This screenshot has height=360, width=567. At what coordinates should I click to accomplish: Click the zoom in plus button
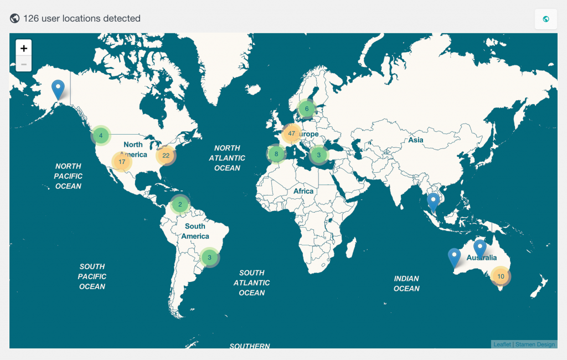(x=24, y=48)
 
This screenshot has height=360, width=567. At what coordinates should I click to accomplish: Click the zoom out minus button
(x=24, y=64)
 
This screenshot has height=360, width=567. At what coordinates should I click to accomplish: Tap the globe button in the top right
(x=545, y=19)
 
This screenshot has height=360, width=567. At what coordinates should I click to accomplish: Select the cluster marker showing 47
(x=291, y=134)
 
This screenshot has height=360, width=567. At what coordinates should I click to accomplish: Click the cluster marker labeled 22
(x=166, y=156)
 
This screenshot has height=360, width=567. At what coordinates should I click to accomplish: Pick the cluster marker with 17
(x=122, y=162)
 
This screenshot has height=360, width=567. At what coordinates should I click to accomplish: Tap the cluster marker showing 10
(x=501, y=276)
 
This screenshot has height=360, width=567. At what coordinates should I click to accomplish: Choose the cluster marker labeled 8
(x=276, y=154)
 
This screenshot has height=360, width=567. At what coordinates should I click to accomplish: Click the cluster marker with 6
(x=306, y=109)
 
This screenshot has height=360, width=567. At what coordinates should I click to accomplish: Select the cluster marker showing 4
(x=101, y=135)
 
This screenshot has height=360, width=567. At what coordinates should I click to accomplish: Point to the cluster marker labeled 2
(x=180, y=205)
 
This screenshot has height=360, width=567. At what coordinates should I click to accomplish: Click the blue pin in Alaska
(x=58, y=89)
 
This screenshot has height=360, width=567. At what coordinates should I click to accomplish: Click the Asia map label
(x=416, y=140)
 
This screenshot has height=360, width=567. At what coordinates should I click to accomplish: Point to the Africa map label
(x=303, y=191)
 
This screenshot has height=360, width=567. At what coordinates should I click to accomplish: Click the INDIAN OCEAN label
(x=406, y=284)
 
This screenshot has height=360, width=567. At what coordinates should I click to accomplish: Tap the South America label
(x=195, y=232)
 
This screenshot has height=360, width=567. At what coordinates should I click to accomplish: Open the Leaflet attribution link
(x=502, y=344)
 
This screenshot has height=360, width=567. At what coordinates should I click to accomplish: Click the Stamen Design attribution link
(x=535, y=344)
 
